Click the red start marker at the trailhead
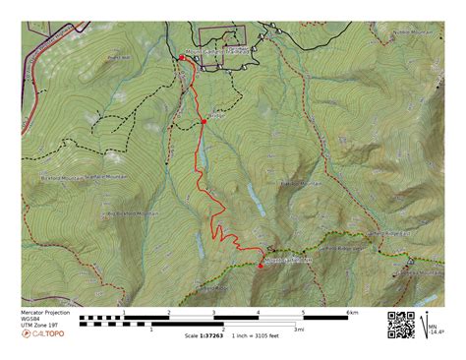point(181,59)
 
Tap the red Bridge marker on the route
point(204,121)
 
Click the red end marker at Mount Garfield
point(261,266)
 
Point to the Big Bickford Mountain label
point(131,212)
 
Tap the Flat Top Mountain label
point(302,183)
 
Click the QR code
point(400,325)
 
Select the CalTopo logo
point(44,333)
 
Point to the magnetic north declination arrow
point(429,323)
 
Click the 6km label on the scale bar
point(351,313)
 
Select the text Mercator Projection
point(46,312)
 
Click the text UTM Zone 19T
point(40,325)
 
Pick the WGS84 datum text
point(32,319)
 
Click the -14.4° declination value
point(437,332)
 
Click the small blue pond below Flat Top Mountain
point(256,200)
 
